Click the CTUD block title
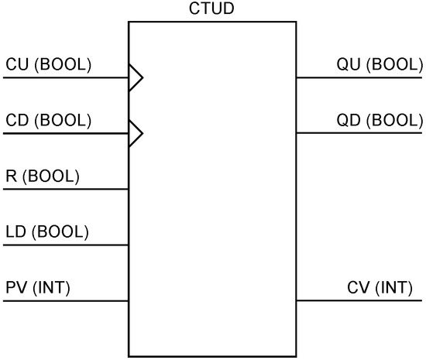[x=211, y=9]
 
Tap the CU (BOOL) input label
[x=48, y=64]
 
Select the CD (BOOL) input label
[x=48, y=121]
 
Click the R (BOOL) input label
[x=42, y=177]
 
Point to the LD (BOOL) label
[x=46, y=232]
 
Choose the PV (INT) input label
[x=38, y=288]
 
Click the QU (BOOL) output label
[x=380, y=64]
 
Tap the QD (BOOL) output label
[x=380, y=121]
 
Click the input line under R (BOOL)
[x=66, y=189]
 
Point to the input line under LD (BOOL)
[x=66, y=245]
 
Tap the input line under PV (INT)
[x=66, y=300]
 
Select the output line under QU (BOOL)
[x=360, y=77]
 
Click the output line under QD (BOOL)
[x=360, y=133]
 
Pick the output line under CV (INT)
[x=360, y=300]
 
